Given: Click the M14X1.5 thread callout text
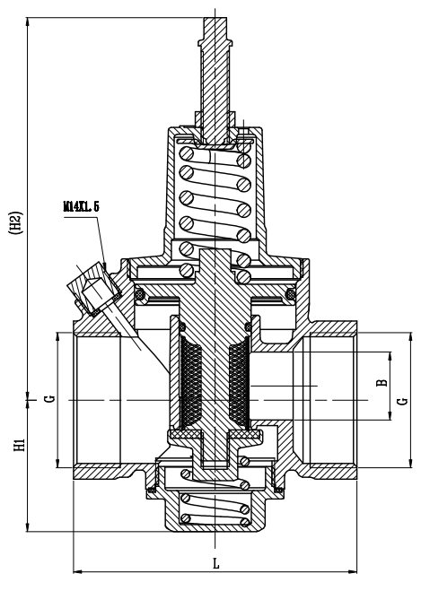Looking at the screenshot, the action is click(81, 206).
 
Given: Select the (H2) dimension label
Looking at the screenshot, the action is click(16, 222).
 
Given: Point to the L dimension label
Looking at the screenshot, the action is click(215, 564).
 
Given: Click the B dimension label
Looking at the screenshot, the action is click(382, 383).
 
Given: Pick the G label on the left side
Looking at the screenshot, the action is click(50, 399).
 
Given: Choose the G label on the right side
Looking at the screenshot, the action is click(403, 401).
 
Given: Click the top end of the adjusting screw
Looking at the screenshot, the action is click(215, 18).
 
